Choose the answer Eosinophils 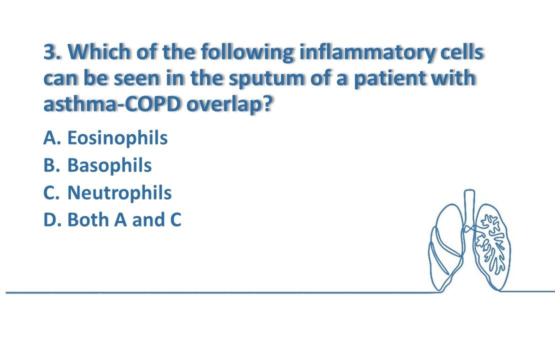pos(117,138)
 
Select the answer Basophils pos(109,165)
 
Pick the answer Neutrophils pos(119,192)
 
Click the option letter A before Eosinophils pos(50,138)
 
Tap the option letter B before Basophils pos(50,165)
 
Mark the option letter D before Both pos(50,219)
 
